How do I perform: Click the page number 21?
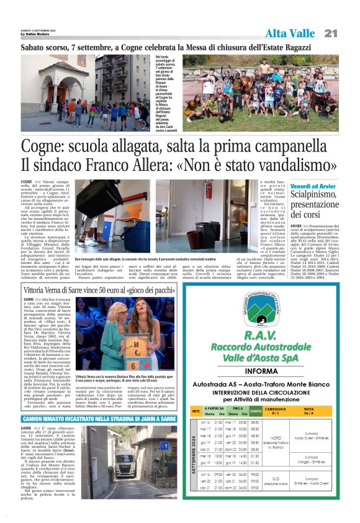click(x=330, y=34)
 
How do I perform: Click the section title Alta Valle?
click(x=289, y=34)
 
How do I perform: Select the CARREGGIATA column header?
click(x=276, y=411)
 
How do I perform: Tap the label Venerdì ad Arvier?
click(x=314, y=186)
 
